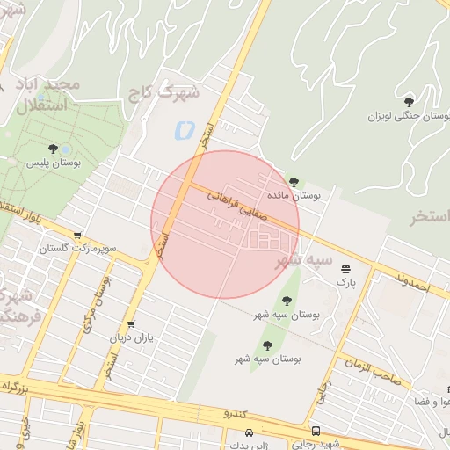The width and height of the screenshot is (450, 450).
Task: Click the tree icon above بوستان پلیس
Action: point(54,149)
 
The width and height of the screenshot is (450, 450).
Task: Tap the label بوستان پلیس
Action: point(53,163)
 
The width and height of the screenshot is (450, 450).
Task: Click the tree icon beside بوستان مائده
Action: point(294,182)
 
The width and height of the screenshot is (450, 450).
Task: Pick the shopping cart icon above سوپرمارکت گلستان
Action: point(78,236)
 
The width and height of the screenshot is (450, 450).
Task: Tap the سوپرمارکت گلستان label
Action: point(77,250)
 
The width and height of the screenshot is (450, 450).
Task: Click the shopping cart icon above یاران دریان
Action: point(131,323)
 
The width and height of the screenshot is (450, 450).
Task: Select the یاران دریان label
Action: point(131,338)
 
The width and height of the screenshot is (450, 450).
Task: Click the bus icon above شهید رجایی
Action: point(316,432)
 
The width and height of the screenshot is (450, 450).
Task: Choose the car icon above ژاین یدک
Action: point(250,432)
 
